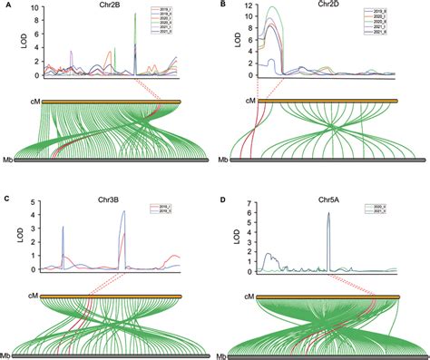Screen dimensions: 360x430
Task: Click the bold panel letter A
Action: click(x=7, y=6)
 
